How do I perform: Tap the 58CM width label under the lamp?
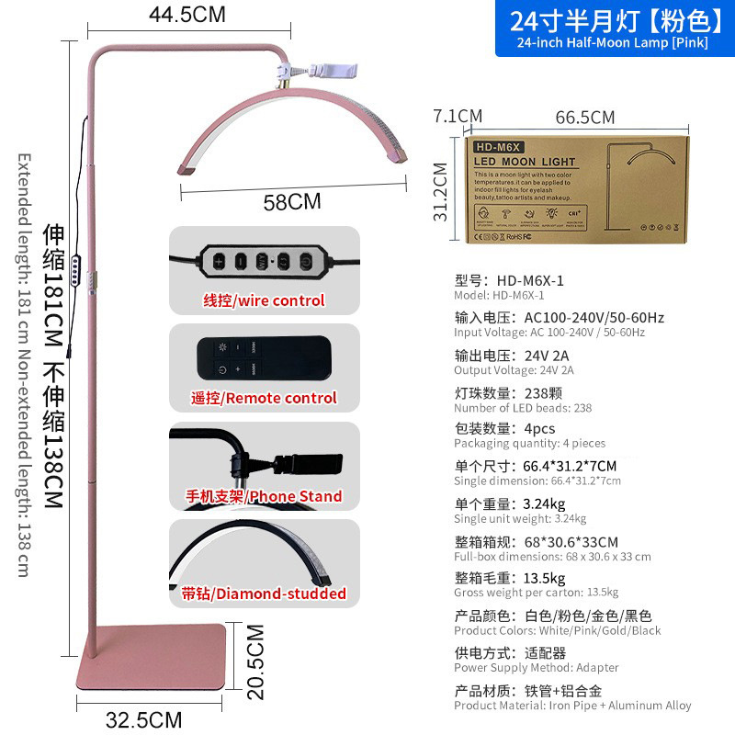[x=292, y=201]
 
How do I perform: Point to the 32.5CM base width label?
[x=143, y=719]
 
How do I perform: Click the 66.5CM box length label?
[x=584, y=117]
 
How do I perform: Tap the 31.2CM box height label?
[x=441, y=191]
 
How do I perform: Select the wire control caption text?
[x=264, y=300]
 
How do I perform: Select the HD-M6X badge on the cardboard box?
[x=496, y=146]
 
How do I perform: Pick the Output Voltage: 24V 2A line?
[x=514, y=370]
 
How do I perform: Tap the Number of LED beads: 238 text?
[x=523, y=408]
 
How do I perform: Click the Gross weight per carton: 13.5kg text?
[x=536, y=592]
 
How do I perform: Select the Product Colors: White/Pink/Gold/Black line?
[x=557, y=630]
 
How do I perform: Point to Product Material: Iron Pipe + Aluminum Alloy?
[x=572, y=706]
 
